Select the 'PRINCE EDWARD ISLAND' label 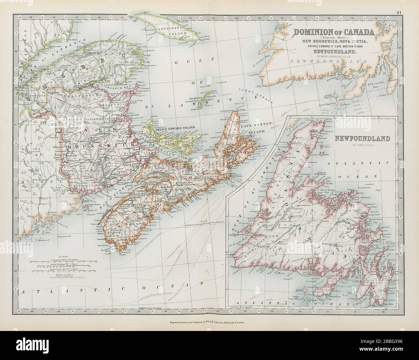(171, 128)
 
